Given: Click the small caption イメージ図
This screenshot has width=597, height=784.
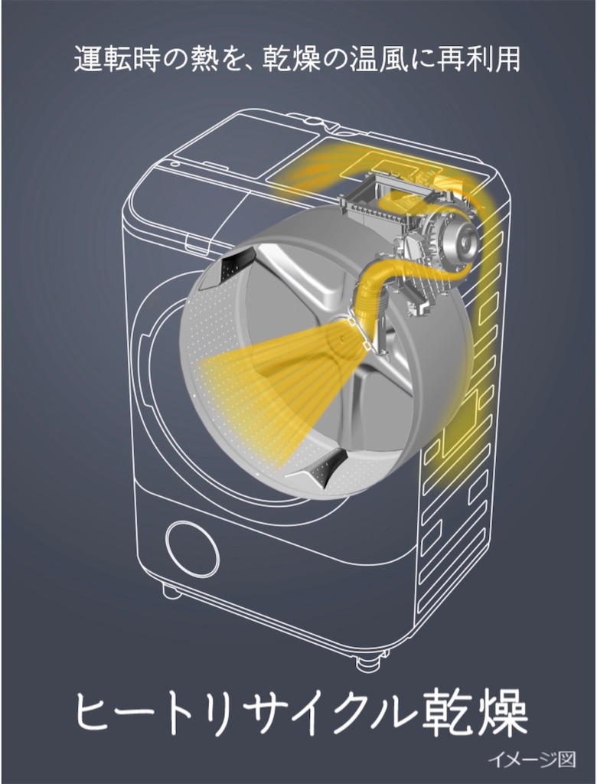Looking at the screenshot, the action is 532,760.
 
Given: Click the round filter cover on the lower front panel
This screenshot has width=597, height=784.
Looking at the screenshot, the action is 192,548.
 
